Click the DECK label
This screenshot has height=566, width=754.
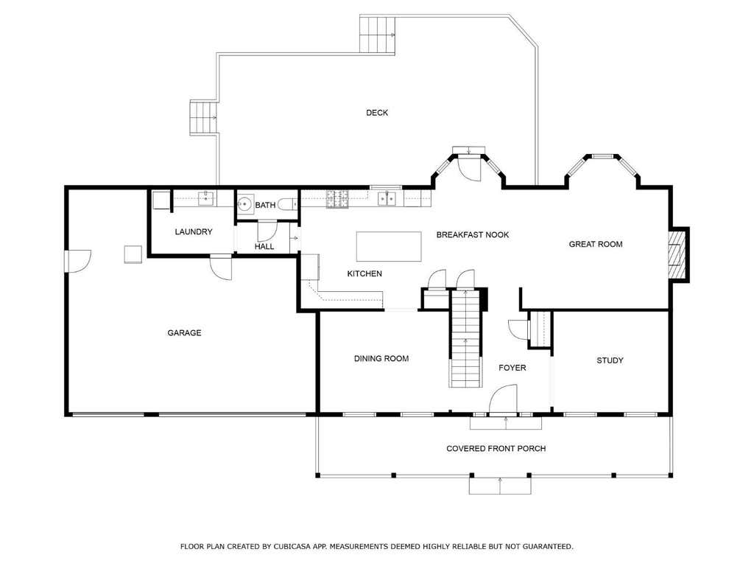click(x=377, y=113)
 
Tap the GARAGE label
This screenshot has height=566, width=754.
click(x=184, y=332)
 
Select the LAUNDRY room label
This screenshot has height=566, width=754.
click(x=194, y=231)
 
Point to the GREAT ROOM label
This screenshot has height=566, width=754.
click(x=595, y=244)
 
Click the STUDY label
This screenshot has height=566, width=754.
click(x=610, y=360)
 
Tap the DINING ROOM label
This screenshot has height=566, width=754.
click(x=381, y=358)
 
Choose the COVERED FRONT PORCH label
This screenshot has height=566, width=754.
click(x=496, y=449)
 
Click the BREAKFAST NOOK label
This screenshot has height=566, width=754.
click(x=472, y=235)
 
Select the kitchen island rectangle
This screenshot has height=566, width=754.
click(x=389, y=246)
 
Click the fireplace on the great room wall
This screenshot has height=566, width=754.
click(x=678, y=254)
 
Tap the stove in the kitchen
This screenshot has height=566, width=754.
click(x=337, y=199)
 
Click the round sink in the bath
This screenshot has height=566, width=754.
click(x=245, y=203)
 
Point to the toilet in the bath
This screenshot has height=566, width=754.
click(x=287, y=204)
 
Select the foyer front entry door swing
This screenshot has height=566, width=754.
click(x=503, y=399)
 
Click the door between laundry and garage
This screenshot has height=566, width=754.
click(x=221, y=267)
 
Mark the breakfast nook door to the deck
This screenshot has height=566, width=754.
click(x=469, y=168)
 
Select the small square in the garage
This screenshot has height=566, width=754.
click(x=133, y=254)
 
